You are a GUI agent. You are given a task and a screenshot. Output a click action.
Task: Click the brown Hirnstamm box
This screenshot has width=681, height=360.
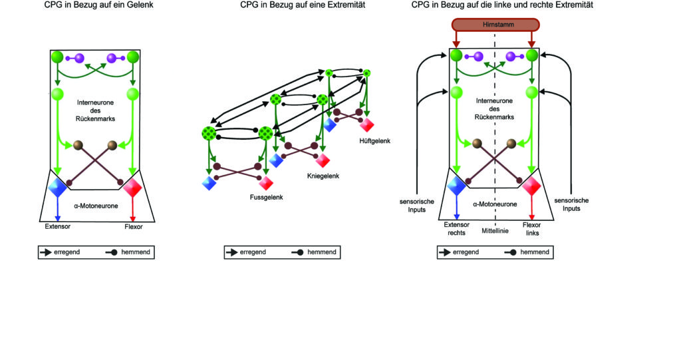495,25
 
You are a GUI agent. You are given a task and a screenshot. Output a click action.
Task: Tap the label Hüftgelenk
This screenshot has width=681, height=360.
375,141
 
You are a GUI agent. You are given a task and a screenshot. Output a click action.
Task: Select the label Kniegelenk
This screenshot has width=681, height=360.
323,176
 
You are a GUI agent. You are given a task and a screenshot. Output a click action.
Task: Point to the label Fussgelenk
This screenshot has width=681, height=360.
266,198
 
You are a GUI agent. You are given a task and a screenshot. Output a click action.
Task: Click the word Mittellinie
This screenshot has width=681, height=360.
495,231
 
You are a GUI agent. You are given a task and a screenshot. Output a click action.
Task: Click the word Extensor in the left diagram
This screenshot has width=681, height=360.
57,226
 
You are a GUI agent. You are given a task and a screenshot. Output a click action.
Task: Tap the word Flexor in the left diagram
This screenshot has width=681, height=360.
133,226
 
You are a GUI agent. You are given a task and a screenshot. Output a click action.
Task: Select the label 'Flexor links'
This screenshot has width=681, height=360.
531,229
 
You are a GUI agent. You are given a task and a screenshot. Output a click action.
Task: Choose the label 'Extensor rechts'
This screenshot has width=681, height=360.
456,229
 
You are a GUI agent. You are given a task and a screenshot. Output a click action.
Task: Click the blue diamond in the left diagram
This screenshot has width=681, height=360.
57,187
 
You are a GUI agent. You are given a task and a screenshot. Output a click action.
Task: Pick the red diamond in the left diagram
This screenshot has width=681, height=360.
132,188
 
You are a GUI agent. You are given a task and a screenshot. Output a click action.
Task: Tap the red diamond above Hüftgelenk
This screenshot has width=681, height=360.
367,125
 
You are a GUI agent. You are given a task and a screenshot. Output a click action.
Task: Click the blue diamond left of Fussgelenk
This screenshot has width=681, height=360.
209,183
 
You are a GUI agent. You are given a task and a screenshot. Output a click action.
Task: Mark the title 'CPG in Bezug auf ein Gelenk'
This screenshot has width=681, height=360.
98,5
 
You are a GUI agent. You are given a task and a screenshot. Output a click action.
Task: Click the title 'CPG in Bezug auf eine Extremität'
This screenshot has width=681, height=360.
303,5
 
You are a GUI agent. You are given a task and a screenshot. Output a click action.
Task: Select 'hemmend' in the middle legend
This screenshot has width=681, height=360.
322,252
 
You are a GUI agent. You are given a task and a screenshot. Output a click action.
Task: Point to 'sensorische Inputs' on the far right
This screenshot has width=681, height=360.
571,204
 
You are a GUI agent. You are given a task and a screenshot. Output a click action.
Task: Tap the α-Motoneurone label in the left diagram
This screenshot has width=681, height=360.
96,206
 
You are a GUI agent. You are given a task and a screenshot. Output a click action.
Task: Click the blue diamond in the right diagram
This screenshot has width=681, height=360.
456,186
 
